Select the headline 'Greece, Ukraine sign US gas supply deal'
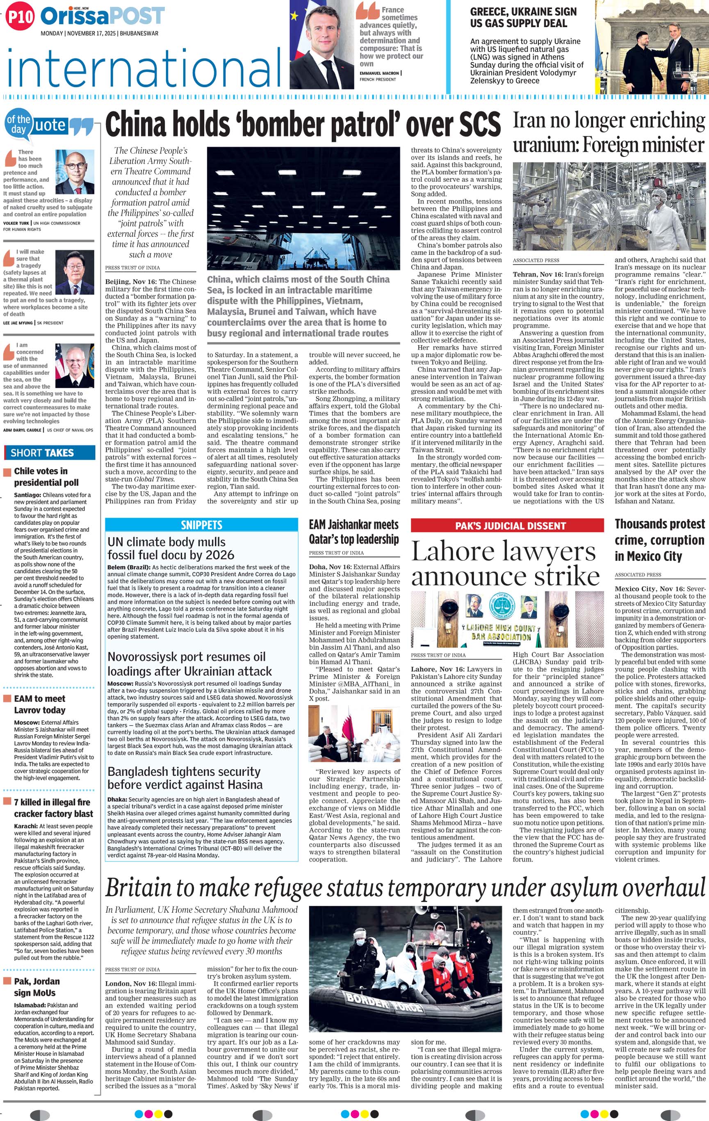pos(523,18)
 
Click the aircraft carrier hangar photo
pos(303,208)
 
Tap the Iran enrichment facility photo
pos(609,207)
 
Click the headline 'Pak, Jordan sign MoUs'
pos(37,987)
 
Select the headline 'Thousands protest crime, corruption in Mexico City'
pos(660,540)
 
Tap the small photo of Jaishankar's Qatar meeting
pos(354,734)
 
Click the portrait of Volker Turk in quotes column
pos(75,172)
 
